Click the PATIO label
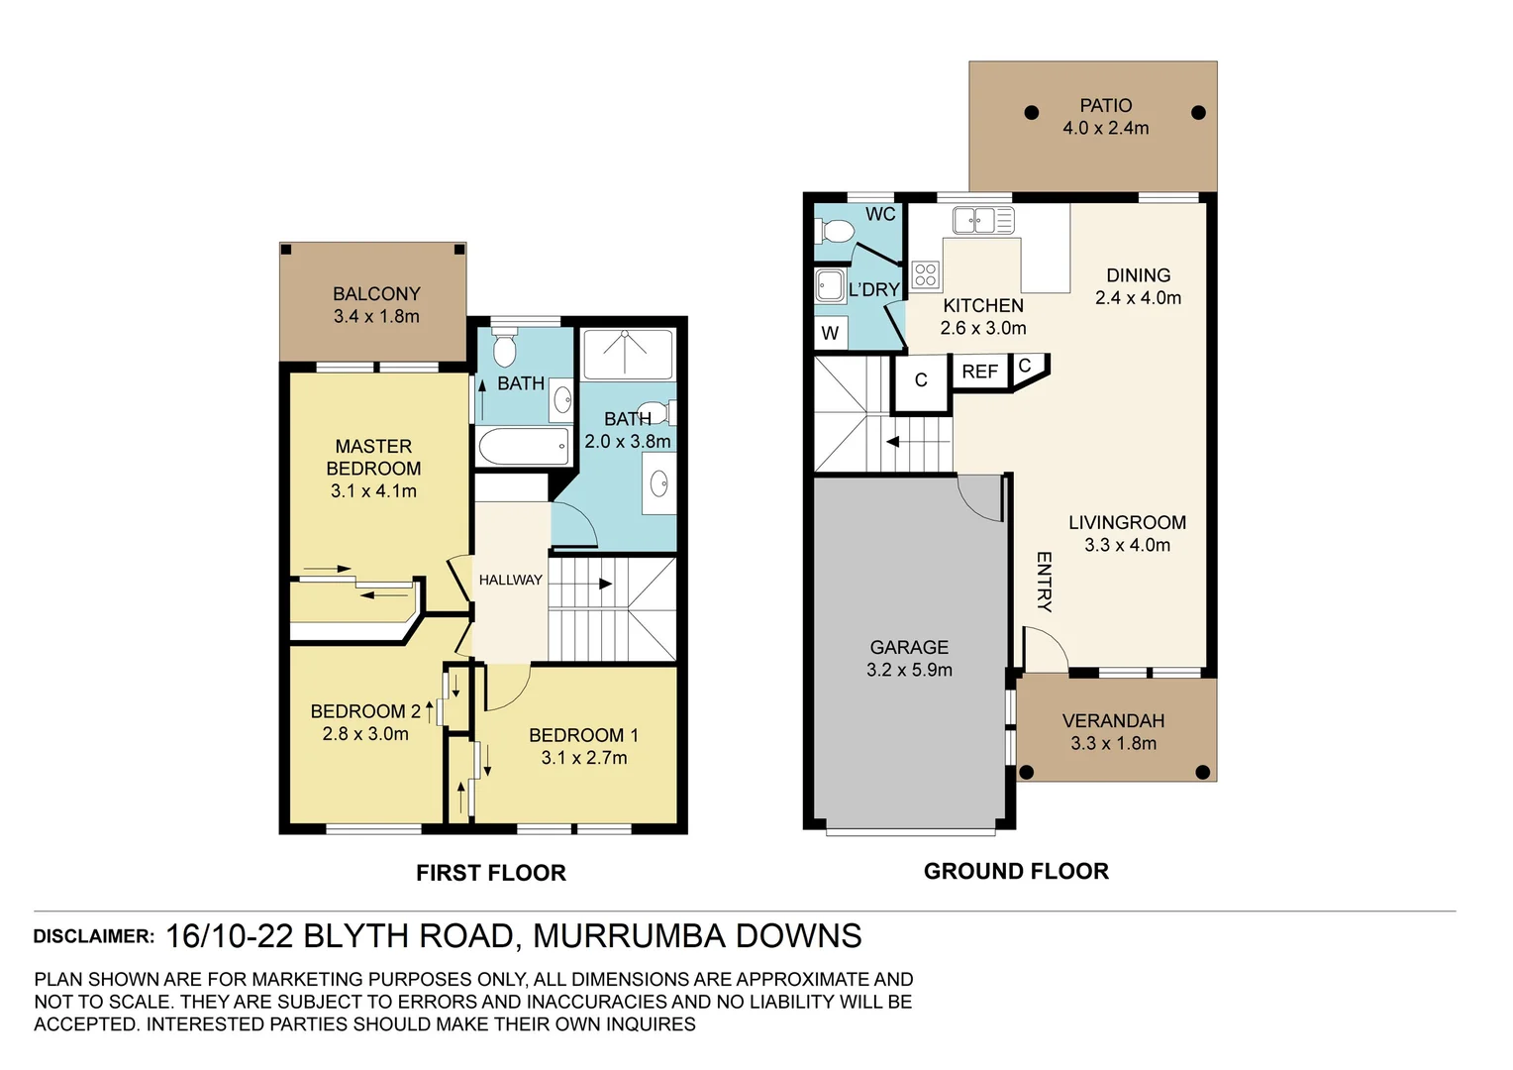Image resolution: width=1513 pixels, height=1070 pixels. tap(1105, 106)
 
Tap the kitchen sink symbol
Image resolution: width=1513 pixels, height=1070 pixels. tap(982, 220)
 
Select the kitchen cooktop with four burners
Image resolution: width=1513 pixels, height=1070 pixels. tap(925, 274)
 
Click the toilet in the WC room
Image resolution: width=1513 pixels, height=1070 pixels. tap(835, 232)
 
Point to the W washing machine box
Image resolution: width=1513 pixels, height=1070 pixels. tap(830, 333)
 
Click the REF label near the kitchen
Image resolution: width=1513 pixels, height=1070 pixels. tap(979, 372)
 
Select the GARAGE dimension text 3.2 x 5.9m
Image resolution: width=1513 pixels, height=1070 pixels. tap(909, 670)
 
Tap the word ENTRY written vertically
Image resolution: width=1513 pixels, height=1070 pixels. tap(1044, 583)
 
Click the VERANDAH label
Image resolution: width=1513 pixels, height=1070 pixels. tap(1113, 721)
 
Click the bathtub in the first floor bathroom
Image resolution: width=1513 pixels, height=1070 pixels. tap(524, 446)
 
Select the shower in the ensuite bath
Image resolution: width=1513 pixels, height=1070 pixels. tap(627, 354)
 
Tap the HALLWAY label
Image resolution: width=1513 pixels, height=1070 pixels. tap(510, 580)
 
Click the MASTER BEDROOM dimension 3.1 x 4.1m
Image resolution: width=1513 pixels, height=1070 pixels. tap(373, 490)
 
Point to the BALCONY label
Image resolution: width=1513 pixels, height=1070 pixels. tap(376, 294)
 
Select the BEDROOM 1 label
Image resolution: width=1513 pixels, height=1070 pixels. tap(583, 735)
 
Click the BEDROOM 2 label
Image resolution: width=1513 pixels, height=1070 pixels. tap(364, 711)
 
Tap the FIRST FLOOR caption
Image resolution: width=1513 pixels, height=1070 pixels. tap(490, 873)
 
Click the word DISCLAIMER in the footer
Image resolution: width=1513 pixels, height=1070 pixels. tap(94, 936)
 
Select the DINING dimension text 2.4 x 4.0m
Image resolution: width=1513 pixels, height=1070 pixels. tap(1138, 298)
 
